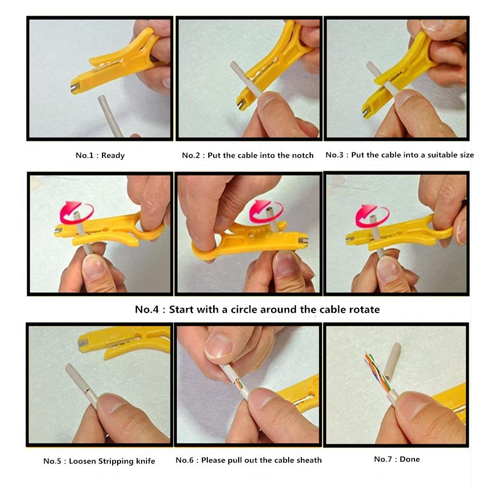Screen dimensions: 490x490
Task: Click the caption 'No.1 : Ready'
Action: click(x=100, y=155)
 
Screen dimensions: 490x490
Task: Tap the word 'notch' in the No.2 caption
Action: click(x=301, y=155)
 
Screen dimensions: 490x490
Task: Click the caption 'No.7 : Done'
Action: click(x=396, y=459)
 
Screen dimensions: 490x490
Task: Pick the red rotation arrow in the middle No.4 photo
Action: click(x=267, y=210)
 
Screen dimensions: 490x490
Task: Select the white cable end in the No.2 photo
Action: click(x=240, y=78)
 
